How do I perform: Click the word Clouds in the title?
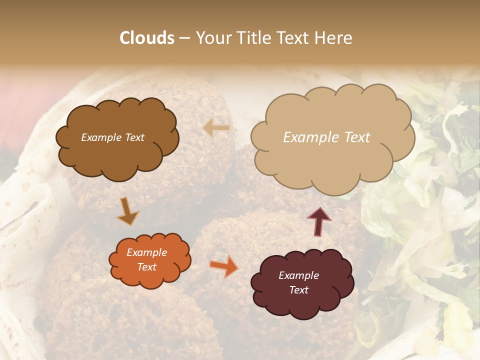147,38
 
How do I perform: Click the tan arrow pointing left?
216,128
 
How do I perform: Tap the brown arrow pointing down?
127,211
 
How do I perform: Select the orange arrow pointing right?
223,266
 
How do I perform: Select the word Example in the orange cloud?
147,252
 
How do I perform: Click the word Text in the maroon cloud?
299,290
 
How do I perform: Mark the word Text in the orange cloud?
147,267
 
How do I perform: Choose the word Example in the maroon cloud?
299,275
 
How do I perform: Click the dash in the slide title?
184,38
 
